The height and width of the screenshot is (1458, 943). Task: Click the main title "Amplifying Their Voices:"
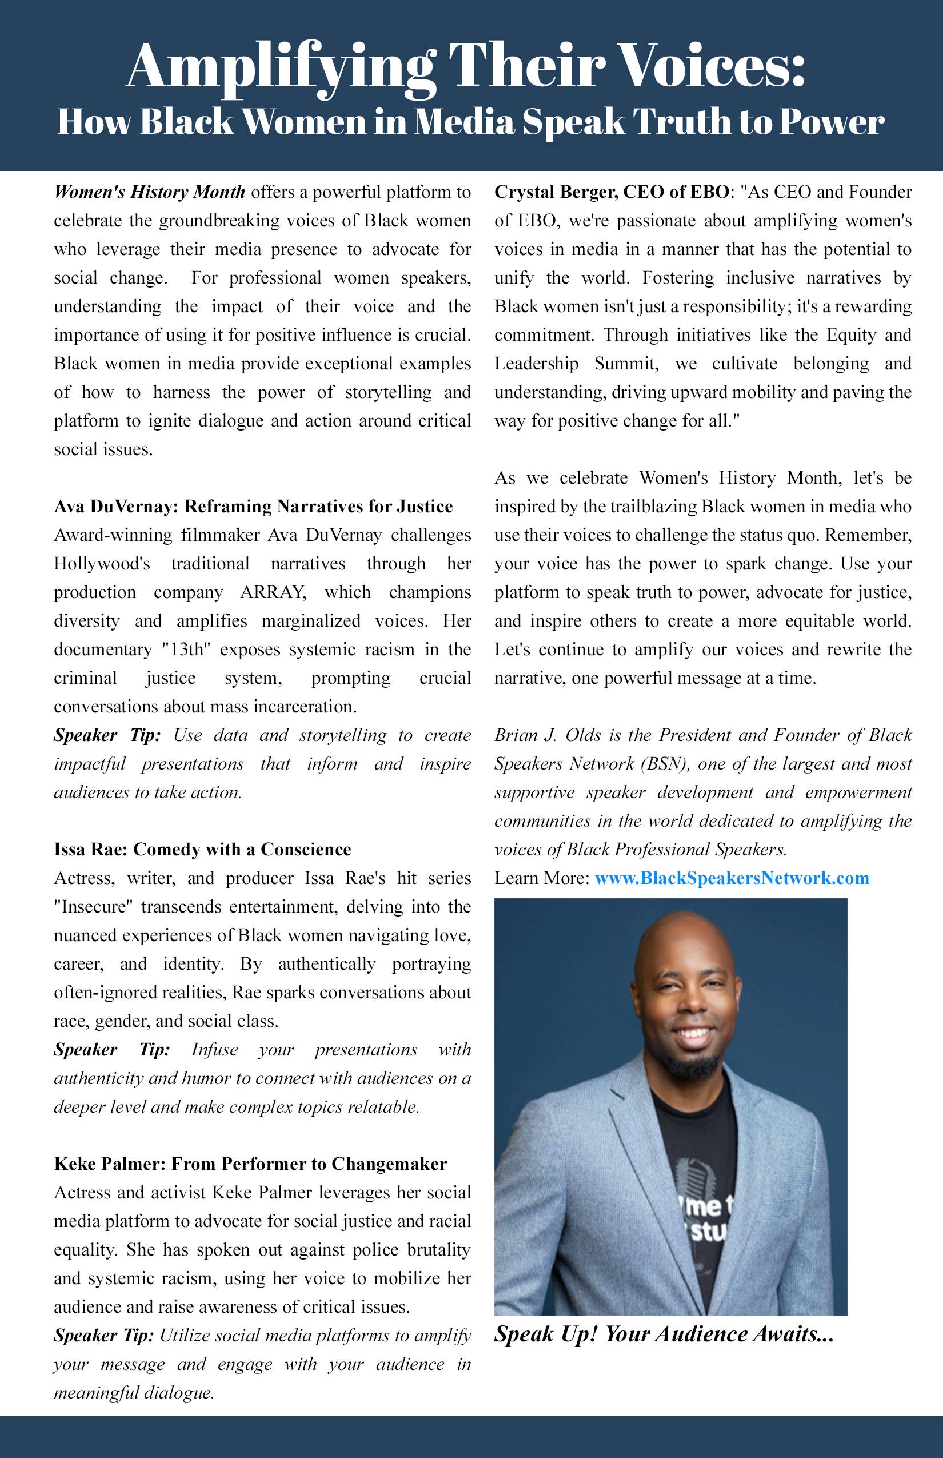pyautogui.click(x=465, y=66)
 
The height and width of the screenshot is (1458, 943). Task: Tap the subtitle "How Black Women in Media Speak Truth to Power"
pyautogui.click(x=471, y=121)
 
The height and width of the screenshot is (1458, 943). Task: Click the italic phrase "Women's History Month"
pyautogui.click(x=149, y=192)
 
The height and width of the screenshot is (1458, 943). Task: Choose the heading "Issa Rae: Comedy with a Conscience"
pyautogui.click(x=202, y=850)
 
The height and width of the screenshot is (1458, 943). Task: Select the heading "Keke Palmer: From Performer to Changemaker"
pyautogui.click(x=250, y=1164)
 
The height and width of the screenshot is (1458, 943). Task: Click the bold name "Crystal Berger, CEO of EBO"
pyautogui.click(x=612, y=192)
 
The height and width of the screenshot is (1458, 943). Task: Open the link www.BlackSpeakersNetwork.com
pyautogui.click(x=732, y=878)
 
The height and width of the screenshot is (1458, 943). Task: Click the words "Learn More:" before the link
pyautogui.click(x=542, y=878)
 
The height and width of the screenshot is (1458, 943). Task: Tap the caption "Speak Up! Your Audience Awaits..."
pyautogui.click(x=664, y=1334)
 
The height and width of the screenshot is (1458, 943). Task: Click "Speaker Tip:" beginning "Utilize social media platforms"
pyautogui.click(x=103, y=1336)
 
